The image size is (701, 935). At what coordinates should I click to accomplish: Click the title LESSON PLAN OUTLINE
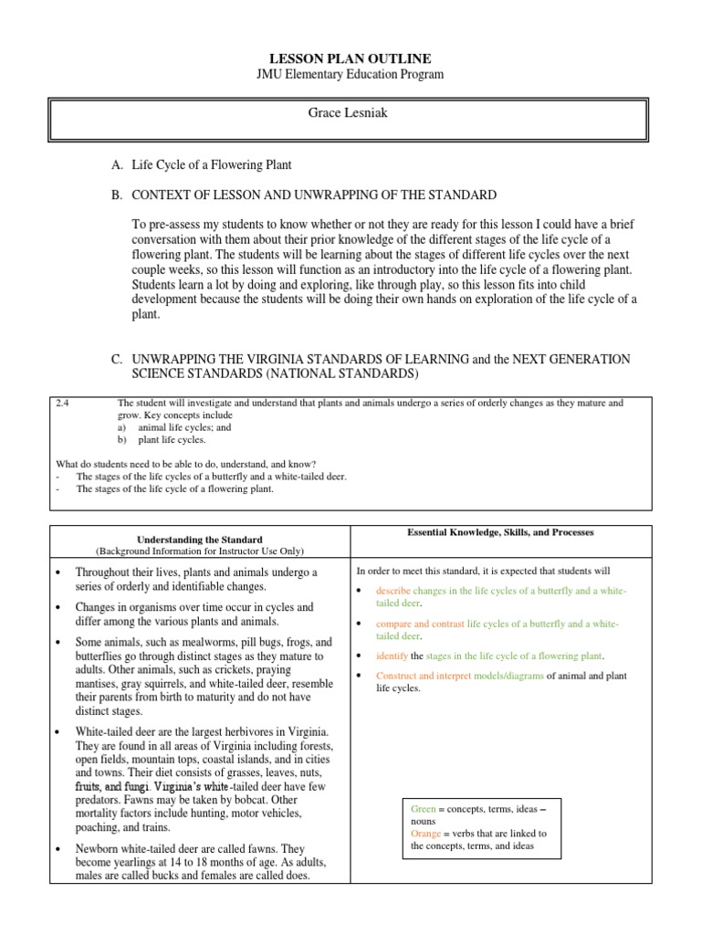tap(350, 58)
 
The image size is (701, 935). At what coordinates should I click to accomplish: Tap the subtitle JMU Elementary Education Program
tap(350, 74)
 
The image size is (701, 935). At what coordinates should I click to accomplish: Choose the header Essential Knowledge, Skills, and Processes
tap(501, 531)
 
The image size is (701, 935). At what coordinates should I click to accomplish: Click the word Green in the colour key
tap(424, 809)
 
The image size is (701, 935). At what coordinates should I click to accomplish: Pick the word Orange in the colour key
tap(427, 833)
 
